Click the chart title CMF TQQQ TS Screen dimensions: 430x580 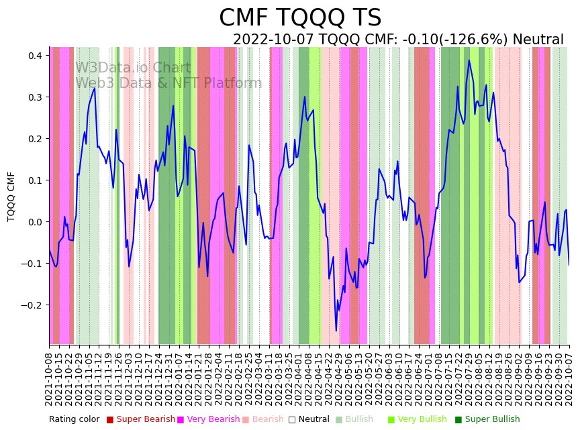[300, 18]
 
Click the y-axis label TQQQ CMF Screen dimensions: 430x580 [11, 196]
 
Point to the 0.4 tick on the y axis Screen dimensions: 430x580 [34, 56]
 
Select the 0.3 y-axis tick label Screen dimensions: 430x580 [34, 97]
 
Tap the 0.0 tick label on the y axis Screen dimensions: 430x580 [34, 222]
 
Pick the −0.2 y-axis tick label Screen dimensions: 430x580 [32, 305]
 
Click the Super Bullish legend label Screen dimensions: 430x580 [492, 419]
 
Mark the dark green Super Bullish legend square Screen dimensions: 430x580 [458, 419]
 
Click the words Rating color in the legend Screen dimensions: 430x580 [74, 419]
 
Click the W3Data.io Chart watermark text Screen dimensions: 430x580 [133, 68]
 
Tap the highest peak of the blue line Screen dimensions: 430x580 [469, 60]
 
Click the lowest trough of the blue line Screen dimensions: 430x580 [336, 330]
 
